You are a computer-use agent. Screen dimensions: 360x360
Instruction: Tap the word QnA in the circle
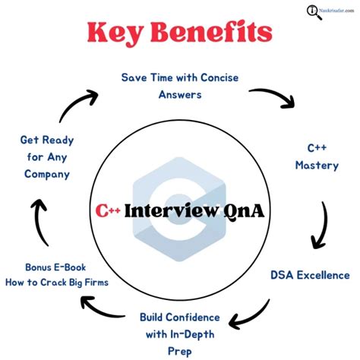(242, 210)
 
